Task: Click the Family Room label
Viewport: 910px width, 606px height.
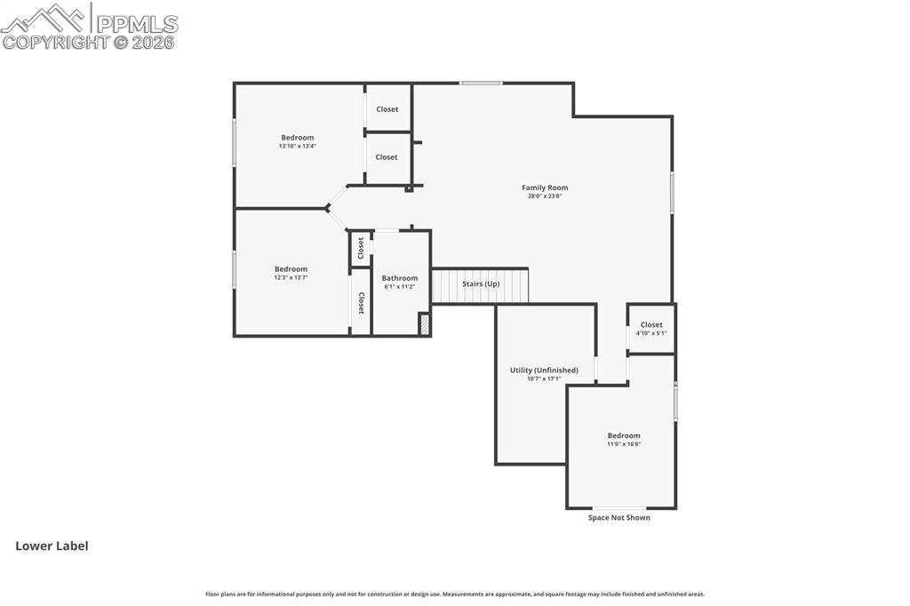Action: click(x=544, y=187)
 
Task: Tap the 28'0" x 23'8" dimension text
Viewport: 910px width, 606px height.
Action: click(x=544, y=195)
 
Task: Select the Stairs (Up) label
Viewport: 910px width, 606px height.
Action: click(x=481, y=283)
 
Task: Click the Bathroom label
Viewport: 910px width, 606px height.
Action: click(x=399, y=278)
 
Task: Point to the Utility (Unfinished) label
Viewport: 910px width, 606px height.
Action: click(x=544, y=370)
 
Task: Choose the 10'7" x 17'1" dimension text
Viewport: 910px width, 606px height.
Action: click(x=544, y=379)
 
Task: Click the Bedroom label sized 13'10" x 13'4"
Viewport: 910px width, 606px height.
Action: click(x=297, y=138)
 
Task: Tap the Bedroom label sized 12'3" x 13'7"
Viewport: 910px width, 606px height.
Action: click(x=291, y=269)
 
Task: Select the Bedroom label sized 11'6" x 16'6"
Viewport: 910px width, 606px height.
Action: click(x=623, y=435)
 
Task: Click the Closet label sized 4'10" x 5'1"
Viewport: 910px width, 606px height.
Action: click(x=651, y=325)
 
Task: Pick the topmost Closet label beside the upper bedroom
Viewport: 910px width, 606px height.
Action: click(x=387, y=109)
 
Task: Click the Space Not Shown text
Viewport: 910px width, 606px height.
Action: click(x=619, y=518)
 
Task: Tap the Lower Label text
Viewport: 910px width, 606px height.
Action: click(x=52, y=546)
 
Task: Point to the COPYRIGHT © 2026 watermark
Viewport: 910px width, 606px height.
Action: click(x=89, y=42)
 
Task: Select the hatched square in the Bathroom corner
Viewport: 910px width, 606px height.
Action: click(x=424, y=324)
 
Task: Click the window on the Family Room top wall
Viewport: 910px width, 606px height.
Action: click(x=481, y=84)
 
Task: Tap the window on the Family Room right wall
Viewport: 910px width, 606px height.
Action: click(x=672, y=193)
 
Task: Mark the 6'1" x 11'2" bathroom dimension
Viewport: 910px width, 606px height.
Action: click(x=399, y=287)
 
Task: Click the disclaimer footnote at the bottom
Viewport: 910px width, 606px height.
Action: click(x=454, y=594)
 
